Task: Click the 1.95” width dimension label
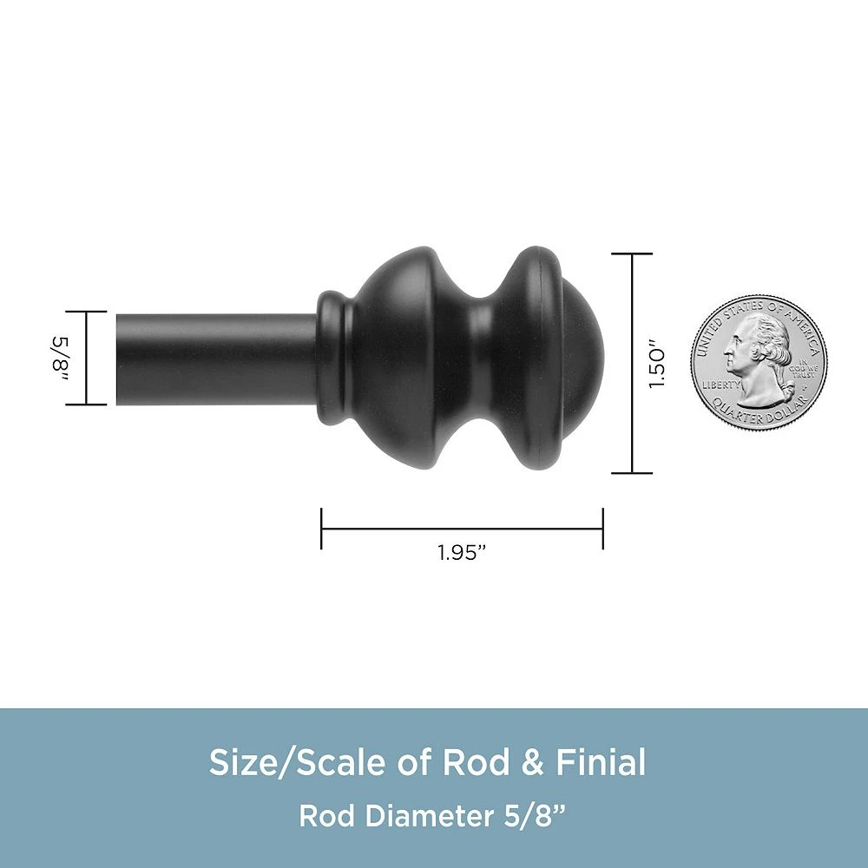tap(462, 553)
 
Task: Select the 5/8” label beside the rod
tap(61, 358)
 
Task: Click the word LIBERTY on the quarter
tap(720, 385)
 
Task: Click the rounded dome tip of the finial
tap(584, 360)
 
